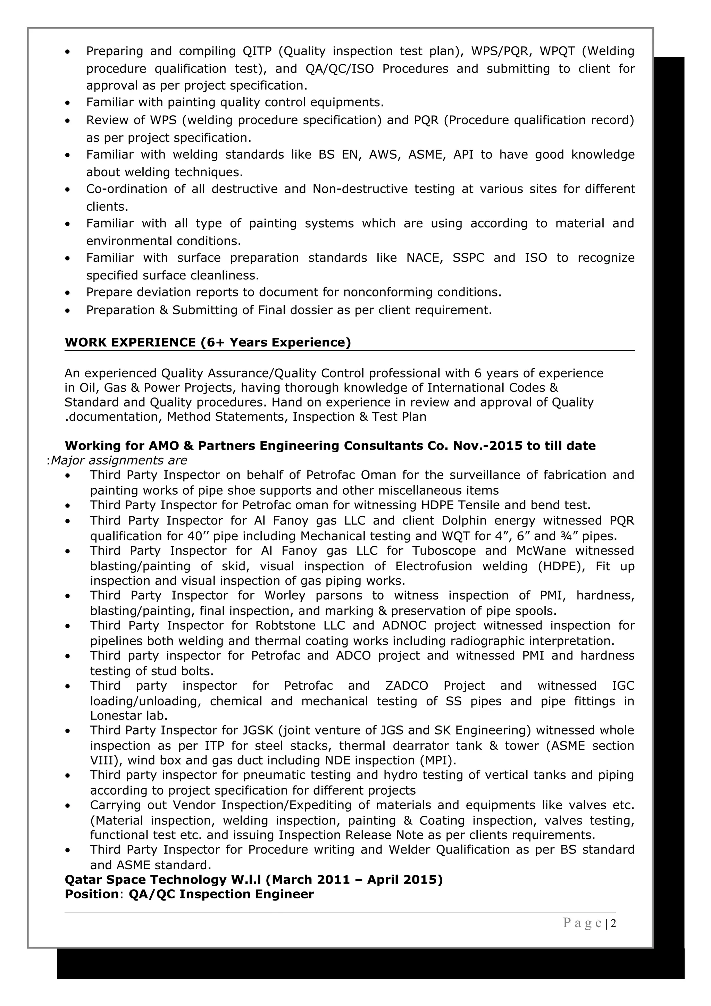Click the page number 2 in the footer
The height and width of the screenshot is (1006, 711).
(x=613, y=923)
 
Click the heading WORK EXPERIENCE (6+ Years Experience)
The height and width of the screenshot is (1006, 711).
(x=208, y=342)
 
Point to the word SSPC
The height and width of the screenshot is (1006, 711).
(x=468, y=258)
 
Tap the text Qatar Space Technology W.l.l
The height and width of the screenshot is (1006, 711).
(x=162, y=879)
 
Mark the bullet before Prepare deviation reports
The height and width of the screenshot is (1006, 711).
(x=67, y=293)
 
